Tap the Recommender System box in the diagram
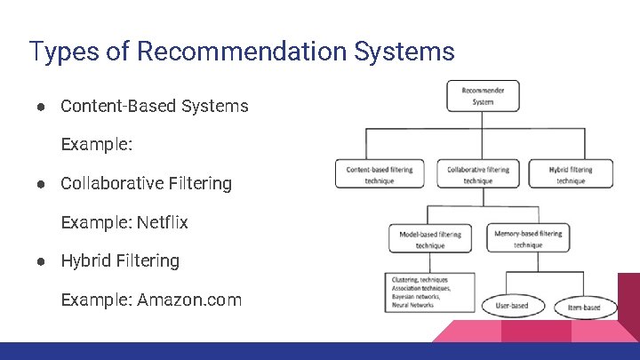click(x=483, y=95)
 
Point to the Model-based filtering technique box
click(x=430, y=239)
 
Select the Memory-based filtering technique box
click(x=528, y=239)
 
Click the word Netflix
click(x=163, y=222)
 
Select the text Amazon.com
click(x=189, y=300)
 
